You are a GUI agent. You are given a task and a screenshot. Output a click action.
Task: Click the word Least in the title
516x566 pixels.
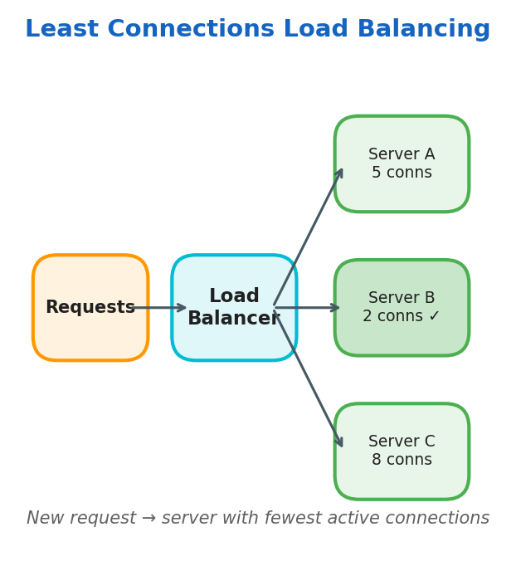(x=62, y=30)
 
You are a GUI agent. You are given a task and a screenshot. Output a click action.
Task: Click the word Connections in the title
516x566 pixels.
(x=191, y=30)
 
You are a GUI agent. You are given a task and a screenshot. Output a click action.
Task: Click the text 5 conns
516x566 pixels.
(x=402, y=173)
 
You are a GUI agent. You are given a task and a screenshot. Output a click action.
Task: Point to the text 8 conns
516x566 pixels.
(x=402, y=461)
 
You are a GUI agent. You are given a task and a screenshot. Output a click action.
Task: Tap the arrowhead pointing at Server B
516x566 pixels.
(x=335, y=308)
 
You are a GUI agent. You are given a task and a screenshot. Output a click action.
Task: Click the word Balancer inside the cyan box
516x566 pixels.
(x=233, y=319)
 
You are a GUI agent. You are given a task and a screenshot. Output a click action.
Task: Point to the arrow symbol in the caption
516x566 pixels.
(x=148, y=519)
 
